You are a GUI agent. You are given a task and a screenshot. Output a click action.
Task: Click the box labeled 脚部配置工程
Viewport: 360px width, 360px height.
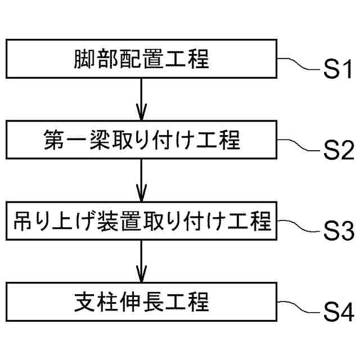[x=142, y=58]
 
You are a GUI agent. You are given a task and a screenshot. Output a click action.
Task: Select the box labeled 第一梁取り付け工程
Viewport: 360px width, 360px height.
[x=142, y=140]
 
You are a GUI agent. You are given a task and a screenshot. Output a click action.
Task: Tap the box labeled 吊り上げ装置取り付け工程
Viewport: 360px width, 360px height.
[x=142, y=222]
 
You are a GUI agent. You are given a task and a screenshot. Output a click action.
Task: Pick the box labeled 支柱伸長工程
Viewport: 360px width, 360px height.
[x=142, y=302]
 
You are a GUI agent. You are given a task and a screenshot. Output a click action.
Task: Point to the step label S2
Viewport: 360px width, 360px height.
[x=337, y=152]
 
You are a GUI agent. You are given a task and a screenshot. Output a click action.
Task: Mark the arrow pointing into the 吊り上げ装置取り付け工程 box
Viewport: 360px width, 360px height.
[x=142, y=181]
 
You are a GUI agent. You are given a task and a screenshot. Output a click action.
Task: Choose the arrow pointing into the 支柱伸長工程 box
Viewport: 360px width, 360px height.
[x=142, y=262]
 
